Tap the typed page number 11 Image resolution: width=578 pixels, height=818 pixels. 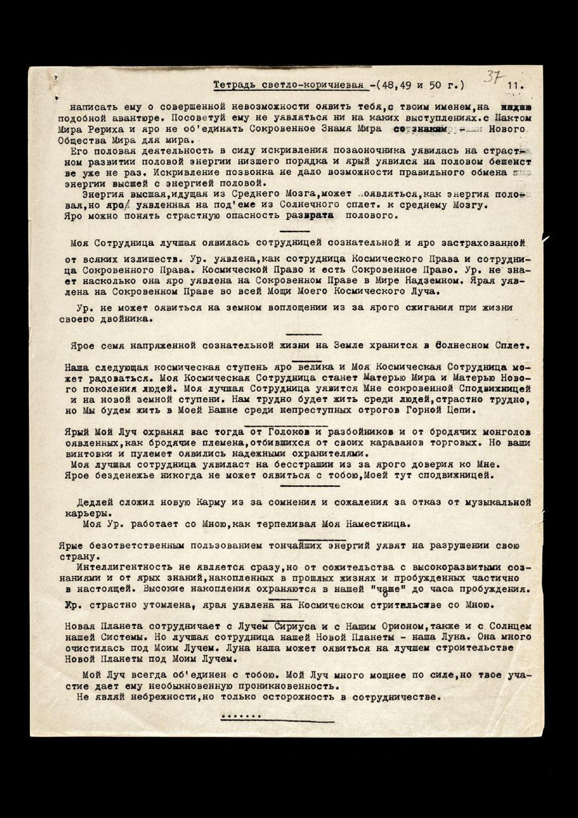click(516, 86)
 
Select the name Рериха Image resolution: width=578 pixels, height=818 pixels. click(103, 129)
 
